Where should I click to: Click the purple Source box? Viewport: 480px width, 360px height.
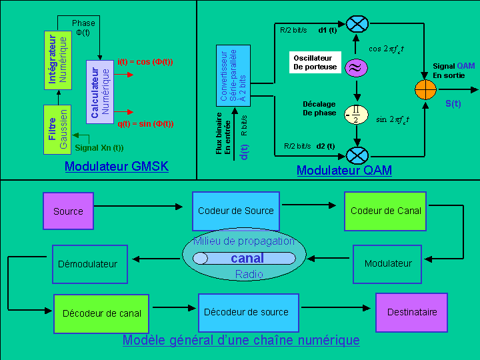point(68,211)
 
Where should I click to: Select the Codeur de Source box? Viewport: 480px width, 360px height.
point(235,211)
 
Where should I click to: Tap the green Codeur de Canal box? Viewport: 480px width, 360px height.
point(386,211)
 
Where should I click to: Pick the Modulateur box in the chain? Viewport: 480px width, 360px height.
point(387,263)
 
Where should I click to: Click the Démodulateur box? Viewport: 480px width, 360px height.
point(87,264)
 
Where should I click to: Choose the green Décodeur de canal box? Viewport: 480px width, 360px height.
point(101,313)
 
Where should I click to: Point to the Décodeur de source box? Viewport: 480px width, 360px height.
point(246,312)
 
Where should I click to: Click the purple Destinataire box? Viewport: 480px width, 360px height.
point(412,312)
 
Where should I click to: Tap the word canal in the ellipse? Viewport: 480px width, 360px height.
point(247,258)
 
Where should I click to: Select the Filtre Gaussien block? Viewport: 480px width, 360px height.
point(58,129)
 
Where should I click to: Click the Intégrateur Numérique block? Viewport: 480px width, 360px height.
point(58,60)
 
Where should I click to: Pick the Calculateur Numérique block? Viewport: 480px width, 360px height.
point(100,93)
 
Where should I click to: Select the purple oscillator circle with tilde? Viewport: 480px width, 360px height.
point(357,67)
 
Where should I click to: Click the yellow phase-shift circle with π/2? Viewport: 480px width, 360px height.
point(357,115)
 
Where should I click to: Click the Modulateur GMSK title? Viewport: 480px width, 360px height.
point(116,167)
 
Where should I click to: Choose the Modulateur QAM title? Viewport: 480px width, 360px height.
point(344,170)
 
